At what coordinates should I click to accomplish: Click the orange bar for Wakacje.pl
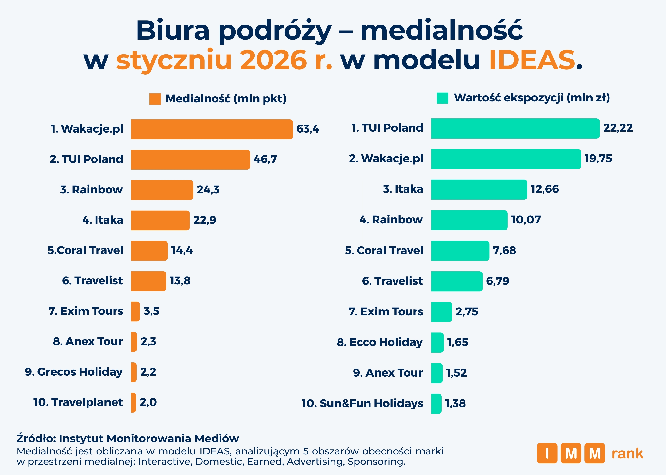click(x=212, y=129)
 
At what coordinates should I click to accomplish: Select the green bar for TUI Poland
click(x=515, y=128)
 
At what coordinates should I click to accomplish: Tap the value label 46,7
click(x=265, y=159)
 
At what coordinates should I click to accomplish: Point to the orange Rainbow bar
click(x=162, y=190)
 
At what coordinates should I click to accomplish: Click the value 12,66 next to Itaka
click(x=544, y=189)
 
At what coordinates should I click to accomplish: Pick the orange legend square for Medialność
click(x=155, y=99)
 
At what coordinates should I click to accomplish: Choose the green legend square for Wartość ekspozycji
click(x=442, y=98)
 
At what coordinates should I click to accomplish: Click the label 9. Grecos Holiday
click(x=74, y=372)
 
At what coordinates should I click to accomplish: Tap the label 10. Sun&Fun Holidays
click(x=362, y=403)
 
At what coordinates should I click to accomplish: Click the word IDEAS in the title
click(x=532, y=60)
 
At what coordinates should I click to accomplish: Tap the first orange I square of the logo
click(x=547, y=453)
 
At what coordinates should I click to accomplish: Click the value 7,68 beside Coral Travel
click(x=504, y=251)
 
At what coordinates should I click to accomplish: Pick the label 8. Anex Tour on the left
click(x=88, y=341)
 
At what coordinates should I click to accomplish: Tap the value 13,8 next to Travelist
click(x=180, y=281)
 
